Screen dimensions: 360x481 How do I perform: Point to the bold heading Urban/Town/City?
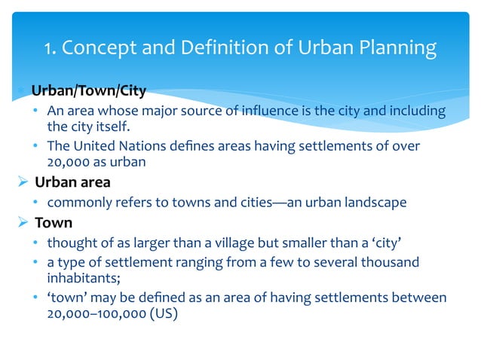(88, 92)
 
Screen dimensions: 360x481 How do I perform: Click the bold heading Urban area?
(71, 182)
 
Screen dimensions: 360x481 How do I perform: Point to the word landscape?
(374, 202)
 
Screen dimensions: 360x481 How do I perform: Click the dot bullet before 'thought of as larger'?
(36, 243)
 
